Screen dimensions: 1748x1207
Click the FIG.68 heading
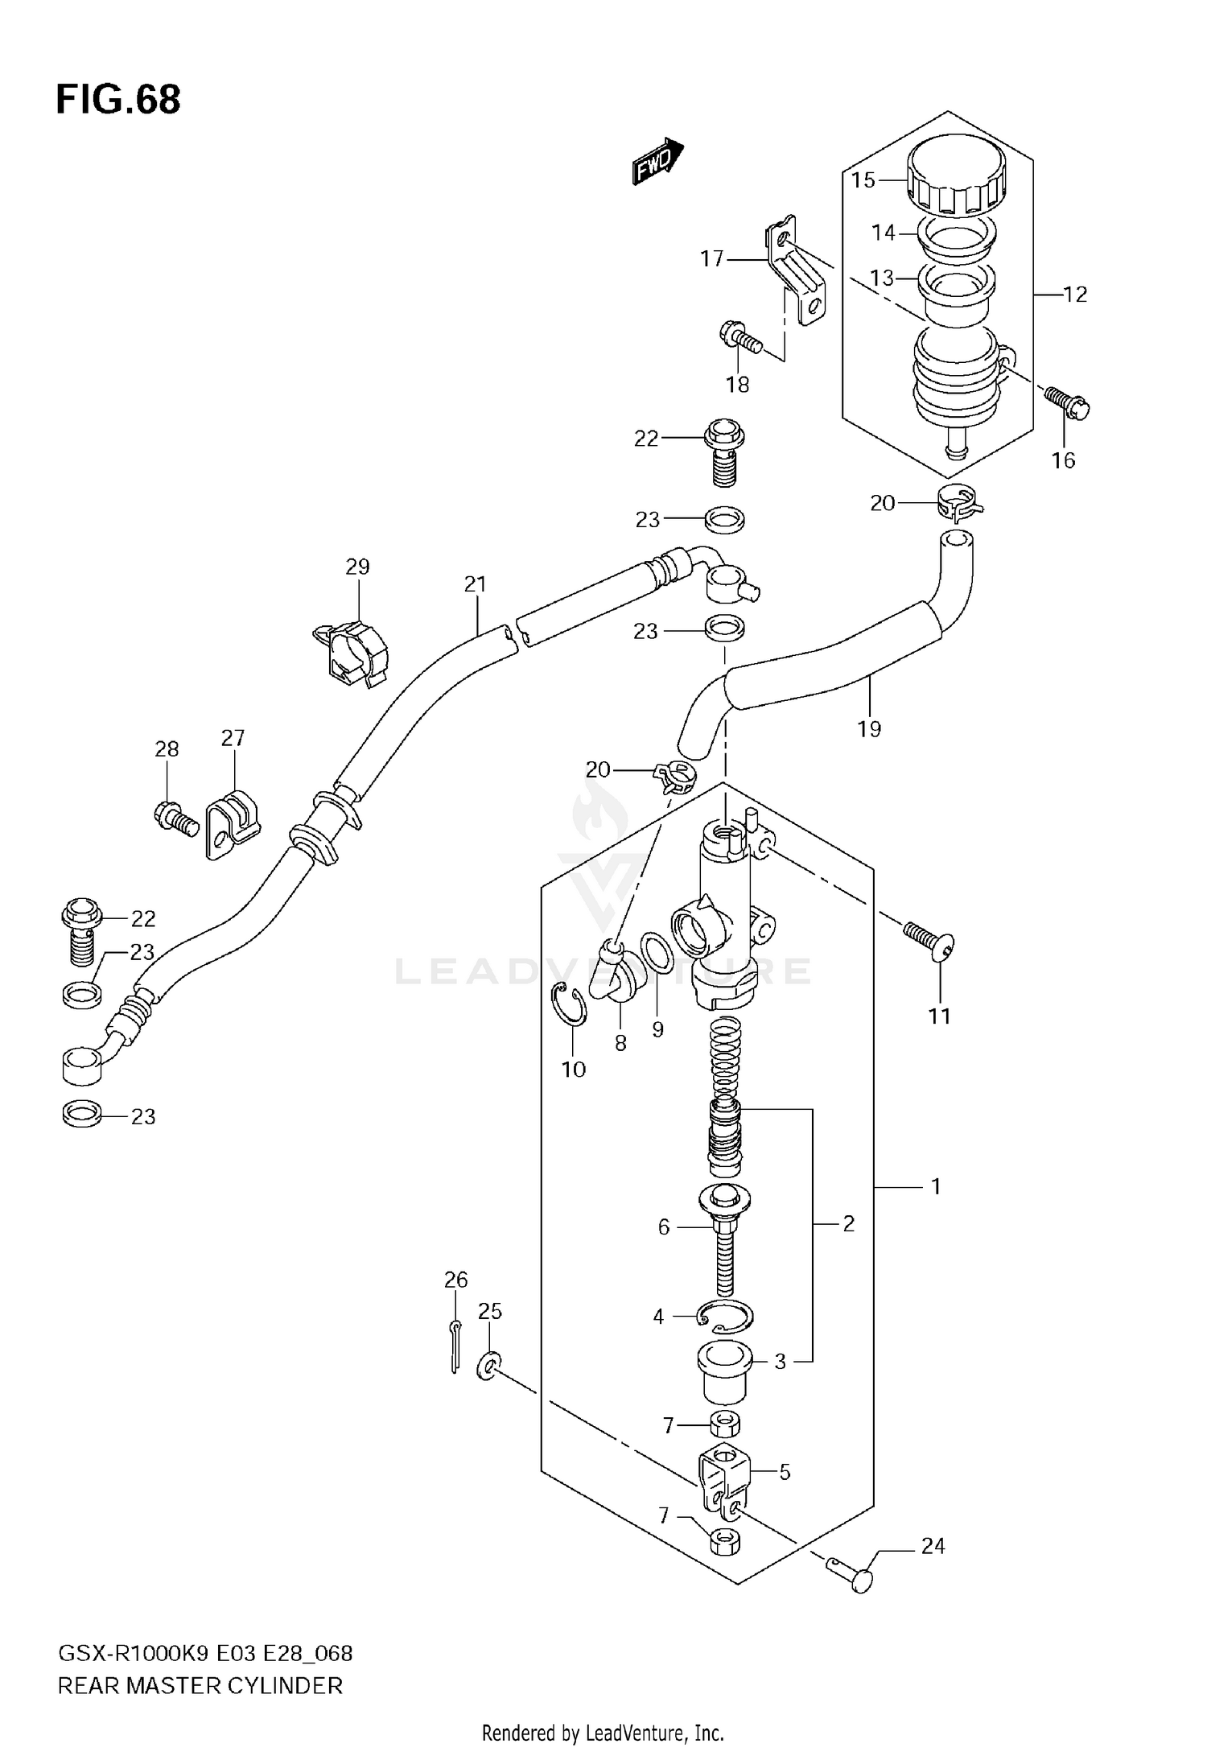click(x=118, y=100)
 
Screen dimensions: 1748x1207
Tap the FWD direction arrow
click(x=657, y=163)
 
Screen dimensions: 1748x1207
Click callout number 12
click(x=1075, y=295)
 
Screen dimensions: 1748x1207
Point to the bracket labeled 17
click(x=797, y=274)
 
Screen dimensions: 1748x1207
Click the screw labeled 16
click(x=1068, y=401)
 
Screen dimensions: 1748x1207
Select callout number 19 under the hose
click(x=869, y=729)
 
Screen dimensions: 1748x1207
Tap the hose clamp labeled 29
click(x=352, y=652)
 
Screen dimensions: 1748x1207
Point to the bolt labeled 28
click(x=175, y=818)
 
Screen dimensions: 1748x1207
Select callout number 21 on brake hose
click(x=476, y=584)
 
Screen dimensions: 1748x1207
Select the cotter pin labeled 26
click(x=455, y=1347)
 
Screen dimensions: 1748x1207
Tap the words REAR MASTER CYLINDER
click(x=200, y=1686)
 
